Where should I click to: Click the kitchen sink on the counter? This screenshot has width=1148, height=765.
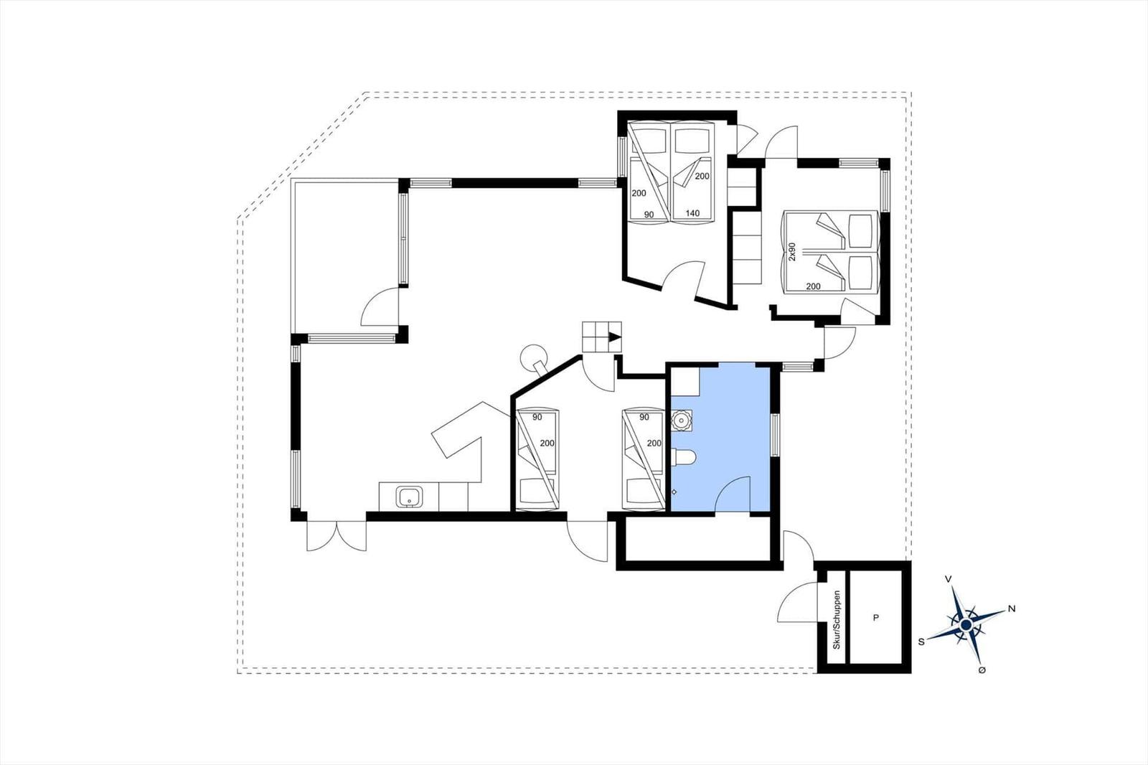click(x=410, y=497)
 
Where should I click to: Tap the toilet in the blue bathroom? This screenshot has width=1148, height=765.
click(x=683, y=457)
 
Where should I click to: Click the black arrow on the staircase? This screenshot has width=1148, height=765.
click(x=614, y=337)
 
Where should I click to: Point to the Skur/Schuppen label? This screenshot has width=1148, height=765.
click(x=837, y=621)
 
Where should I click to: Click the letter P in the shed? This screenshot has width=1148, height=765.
click(x=876, y=618)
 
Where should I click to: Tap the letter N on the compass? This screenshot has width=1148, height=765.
click(x=1012, y=609)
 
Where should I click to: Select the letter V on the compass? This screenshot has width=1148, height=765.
click(x=948, y=579)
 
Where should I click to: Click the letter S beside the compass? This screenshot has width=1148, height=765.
click(x=921, y=642)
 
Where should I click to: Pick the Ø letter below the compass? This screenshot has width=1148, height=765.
click(x=982, y=670)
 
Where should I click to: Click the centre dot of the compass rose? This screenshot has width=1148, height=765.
click(x=966, y=625)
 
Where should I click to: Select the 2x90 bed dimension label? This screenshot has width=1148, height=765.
click(x=792, y=252)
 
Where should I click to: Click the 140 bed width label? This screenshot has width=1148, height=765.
click(x=692, y=213)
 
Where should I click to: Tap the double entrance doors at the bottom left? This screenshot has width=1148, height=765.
click(x=337, y=536)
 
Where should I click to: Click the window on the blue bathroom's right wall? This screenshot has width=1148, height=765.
click(x=775, y=435)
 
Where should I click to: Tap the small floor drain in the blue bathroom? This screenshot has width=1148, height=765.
click(x=674, y=492)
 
